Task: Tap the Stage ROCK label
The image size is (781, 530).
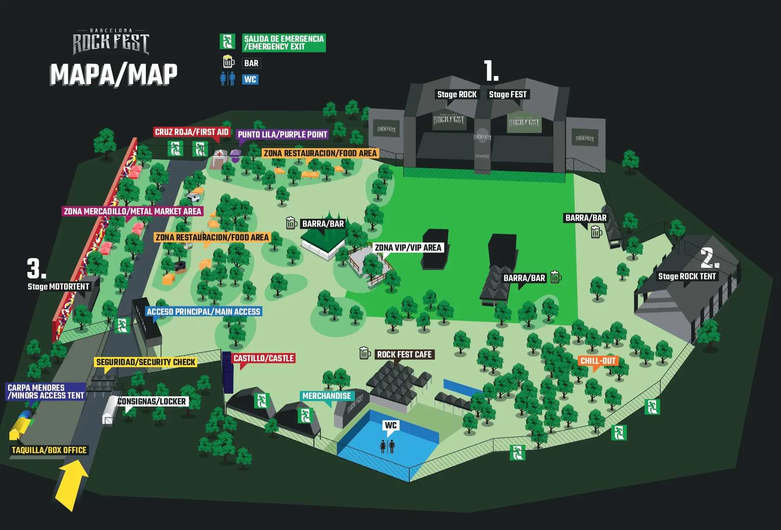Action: (x=457, y=94)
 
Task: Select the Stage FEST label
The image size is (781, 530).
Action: (x=508, y=94)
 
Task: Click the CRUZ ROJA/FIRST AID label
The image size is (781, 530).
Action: (x=191, y=132)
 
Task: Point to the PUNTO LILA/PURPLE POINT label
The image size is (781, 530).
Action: (x=282, y=135)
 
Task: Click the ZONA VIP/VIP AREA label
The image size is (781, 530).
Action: (x=408, y=248)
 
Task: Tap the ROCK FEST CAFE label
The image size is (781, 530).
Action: (x=404, y=354)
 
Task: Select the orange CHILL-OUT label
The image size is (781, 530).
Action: (x=598, y=361)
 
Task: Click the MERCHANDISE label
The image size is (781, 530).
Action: (x=326, y=396)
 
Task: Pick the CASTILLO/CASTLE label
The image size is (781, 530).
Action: (x=264, y=358)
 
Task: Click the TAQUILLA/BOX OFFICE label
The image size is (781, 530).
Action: (x=49, y=450)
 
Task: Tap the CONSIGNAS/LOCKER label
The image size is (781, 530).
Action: (x=152, y=401)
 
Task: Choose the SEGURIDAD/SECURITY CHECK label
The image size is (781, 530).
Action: (x=146, y=362)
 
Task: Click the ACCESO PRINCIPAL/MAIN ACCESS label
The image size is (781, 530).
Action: (x=203, y=312)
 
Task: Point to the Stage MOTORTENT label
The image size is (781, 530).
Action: (x=59, y=287)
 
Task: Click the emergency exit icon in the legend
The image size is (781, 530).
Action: (x=227, y=41)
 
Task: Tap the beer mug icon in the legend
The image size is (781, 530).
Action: (x=229, y=62)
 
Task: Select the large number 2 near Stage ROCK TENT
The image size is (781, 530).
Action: (x=709, y=258)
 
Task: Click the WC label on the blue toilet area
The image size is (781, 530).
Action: (x=390, y=425)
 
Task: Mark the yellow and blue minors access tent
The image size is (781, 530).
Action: (x=21, y=425)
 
